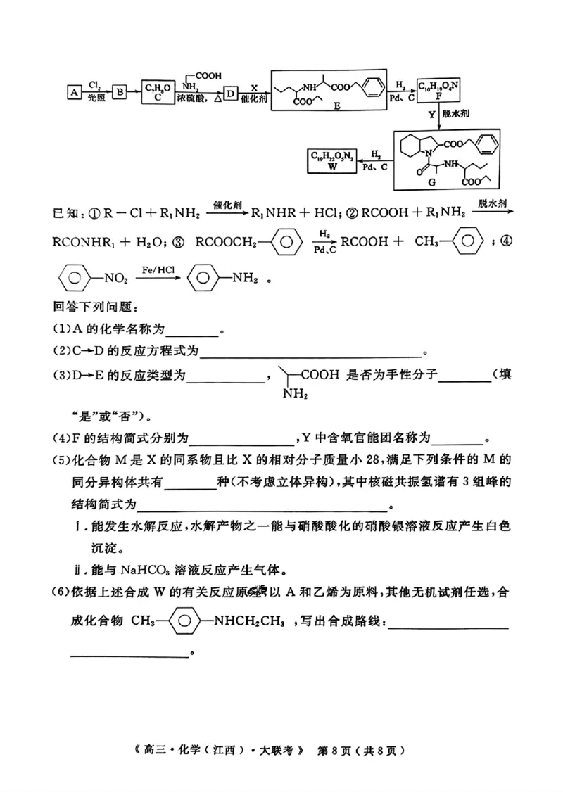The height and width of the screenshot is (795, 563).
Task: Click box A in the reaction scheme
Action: click(x=72, y=92)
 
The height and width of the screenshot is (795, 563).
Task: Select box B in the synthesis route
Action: click(x=120, y=92)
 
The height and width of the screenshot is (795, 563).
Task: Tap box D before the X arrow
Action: click(x=230, y=93)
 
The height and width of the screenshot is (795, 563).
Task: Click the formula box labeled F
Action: click(x=438, y=90)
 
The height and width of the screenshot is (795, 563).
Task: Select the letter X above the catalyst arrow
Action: click(x=253, y=85)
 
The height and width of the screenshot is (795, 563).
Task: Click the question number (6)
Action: click(x=61, y=592)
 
